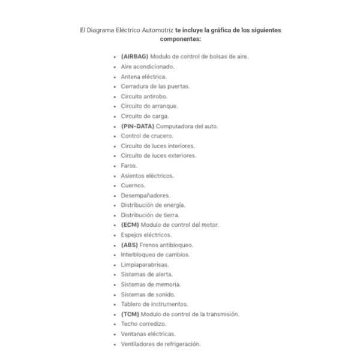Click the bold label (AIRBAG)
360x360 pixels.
point(134,56)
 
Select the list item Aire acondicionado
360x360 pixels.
point(148,67)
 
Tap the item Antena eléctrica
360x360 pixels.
point(144,76)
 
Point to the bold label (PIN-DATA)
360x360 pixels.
point(137,126)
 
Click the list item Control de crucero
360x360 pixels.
point(147,136)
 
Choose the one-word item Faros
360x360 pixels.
point(129,166)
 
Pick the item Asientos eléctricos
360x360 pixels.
point(147,175)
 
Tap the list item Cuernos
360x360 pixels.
point(133,185)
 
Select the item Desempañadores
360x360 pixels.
point(145,195)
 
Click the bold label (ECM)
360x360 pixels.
point(130,225)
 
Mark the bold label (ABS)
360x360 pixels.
point(130,245)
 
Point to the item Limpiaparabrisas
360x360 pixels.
point(145,265)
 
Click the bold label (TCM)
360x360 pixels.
point(130,314)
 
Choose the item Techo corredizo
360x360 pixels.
point(143,324)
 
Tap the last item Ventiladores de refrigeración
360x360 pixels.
point(161,344)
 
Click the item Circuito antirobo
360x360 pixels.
point(144,96)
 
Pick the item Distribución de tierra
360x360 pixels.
point(150,215)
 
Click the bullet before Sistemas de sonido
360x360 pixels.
point(115,295)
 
